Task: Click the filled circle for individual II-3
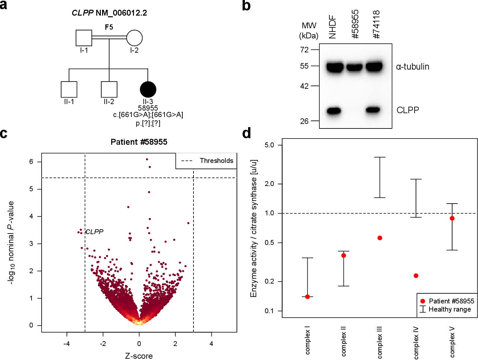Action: click(148, 89)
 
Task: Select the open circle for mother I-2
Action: click(134, 38)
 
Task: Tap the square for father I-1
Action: click(84, 38)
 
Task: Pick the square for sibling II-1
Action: click(69, 89)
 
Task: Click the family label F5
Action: click(109, 27)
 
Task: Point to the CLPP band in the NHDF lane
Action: click(334, 111)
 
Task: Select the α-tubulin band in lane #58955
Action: click(354, 67)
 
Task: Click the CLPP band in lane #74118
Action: click(373, 110)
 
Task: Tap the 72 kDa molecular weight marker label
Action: click(304, 49)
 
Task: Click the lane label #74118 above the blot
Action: click(376, 24)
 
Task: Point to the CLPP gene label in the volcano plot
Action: click(94, 232)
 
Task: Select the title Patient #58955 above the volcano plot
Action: click(139, 142)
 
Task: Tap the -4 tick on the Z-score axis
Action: click(67, 344)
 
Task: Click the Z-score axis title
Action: click(139, 356)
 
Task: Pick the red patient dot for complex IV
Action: click(416, 276)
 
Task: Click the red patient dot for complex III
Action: click(380, 238)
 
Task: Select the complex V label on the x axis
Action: click(452, 342)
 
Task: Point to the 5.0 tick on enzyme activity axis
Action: click(269, 145)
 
